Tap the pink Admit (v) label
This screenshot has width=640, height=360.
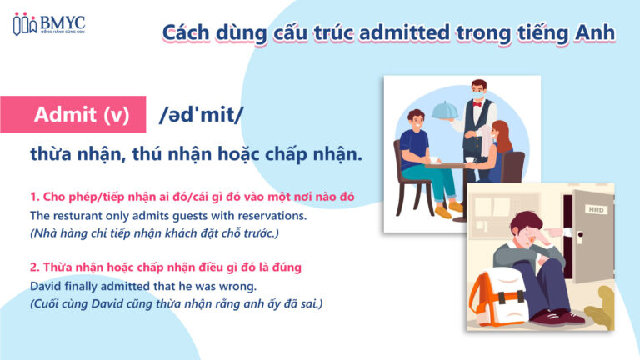pos(82,115)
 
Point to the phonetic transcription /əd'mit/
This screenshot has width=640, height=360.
pos(201,116)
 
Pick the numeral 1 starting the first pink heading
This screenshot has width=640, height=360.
pos(32,197)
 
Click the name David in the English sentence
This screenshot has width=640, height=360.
pos(46,286)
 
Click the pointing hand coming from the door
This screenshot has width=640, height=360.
pos(553,236)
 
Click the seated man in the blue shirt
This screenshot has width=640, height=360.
pos(417,150)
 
